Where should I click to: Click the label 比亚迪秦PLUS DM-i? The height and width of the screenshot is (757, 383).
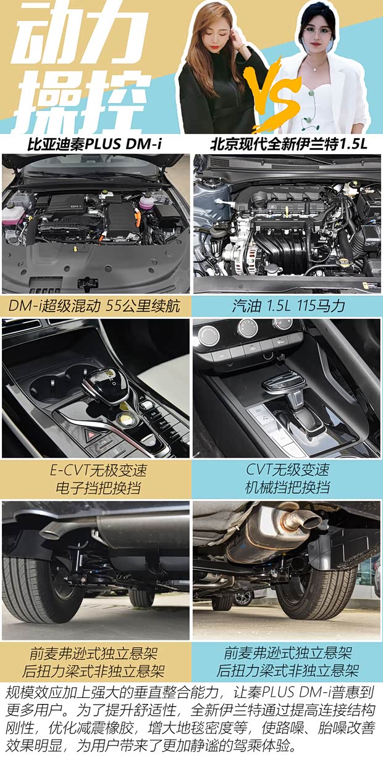[95, 144]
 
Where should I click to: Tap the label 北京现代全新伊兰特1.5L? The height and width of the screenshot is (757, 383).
[288, 144]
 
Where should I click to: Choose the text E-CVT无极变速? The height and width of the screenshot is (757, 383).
[99, 470]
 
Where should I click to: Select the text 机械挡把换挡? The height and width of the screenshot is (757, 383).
[287, 487]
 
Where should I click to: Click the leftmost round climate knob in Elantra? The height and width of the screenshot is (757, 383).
[208, 335]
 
